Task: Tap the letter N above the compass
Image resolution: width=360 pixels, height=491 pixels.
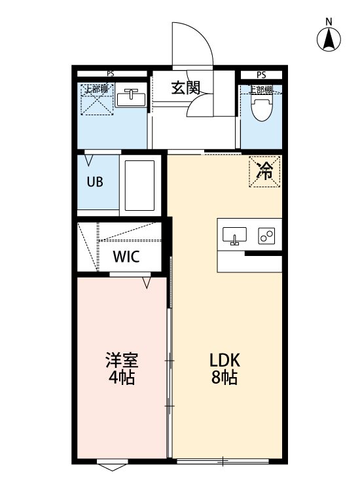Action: [x=329, y=21]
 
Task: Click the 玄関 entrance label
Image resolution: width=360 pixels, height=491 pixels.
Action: [x=186, y=87]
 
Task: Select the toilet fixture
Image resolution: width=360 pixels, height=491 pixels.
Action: [x=262, y=109]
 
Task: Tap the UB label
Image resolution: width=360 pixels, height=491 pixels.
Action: [x=95, y=182]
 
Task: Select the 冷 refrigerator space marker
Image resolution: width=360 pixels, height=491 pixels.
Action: [x=264, y=171]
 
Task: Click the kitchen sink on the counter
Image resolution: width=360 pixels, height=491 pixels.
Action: [x=234, y=236]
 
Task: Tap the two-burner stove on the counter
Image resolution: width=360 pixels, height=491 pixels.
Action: [x=268, y=236]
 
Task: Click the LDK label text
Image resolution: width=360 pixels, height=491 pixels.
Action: [x=225, y=360]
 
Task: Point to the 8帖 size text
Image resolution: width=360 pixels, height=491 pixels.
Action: [x=224, y=378]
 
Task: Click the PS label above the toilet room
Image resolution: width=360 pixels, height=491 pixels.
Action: [x=261, y=75]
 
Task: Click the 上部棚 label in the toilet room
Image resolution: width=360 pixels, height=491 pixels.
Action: [x=261, y=90]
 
